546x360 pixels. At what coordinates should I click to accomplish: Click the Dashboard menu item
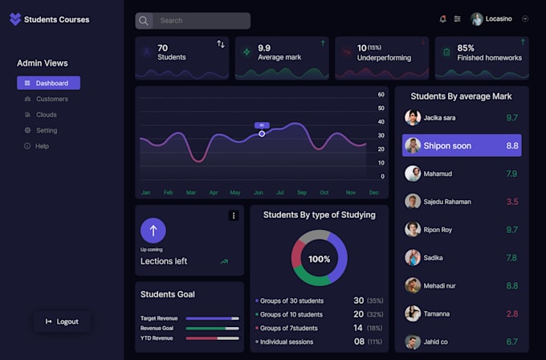48,83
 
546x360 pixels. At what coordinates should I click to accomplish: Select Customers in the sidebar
51,99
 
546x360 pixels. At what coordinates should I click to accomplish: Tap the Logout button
62,321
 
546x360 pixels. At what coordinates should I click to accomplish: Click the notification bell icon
442,18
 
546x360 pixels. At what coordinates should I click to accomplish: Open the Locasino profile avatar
477,18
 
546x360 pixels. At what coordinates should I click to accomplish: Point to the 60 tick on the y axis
381,95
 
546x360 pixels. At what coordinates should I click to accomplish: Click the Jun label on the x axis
258,193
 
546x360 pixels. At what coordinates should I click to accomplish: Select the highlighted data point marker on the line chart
262,133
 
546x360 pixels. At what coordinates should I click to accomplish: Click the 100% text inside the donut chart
319,259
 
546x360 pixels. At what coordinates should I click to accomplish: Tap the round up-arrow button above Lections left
153,231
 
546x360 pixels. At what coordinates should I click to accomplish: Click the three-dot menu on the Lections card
234,215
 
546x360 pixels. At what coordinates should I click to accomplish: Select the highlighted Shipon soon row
462,145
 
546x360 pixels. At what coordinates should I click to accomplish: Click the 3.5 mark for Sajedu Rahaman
511,202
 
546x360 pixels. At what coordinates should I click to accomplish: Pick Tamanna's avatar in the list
413,313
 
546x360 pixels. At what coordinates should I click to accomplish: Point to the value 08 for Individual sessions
359,342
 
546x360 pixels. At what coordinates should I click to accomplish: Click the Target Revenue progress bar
212,318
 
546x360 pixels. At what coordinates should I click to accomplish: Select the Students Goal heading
168,294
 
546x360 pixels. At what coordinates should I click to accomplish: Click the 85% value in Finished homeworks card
466,48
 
